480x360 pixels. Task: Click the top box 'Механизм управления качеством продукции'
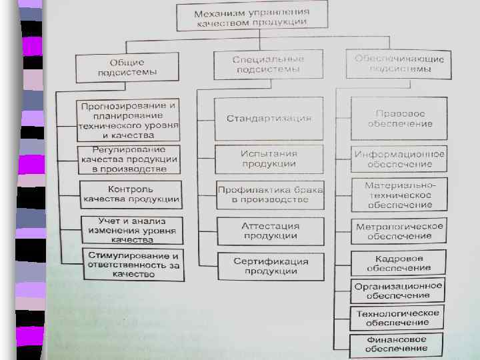pos(251,17)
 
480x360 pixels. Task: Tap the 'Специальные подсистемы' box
pos(268,65)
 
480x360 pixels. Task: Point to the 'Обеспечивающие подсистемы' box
pos(399,63)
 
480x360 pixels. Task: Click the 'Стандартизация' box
pos(269,119)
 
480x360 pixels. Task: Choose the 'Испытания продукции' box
pos(269,159)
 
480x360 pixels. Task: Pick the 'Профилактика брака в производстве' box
pos(270,195)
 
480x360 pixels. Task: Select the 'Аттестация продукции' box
pos(270,231)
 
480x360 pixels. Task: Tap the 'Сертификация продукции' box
pos(270,266)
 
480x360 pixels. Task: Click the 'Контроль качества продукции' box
pos(131,194)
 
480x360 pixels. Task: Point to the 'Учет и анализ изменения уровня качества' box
pos(131,230)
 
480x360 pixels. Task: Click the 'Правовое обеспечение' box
pos(399,119)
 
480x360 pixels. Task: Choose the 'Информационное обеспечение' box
pos(399,159)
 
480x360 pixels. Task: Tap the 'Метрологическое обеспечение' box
pos(399,231)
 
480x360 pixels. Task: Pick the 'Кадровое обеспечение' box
pos(399,263)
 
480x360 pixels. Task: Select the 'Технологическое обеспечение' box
pos(397,318)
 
